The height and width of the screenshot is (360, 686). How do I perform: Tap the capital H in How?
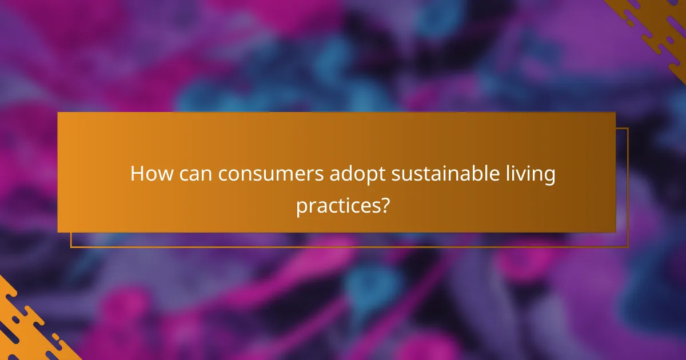click(137, 174)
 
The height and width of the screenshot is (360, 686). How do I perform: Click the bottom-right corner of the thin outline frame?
click(628, 247)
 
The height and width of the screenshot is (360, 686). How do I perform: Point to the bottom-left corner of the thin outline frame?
click(71, 247)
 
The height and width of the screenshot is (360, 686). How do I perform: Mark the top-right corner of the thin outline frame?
click(628, 128)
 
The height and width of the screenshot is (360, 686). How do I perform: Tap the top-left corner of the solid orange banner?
click(58, 113)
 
